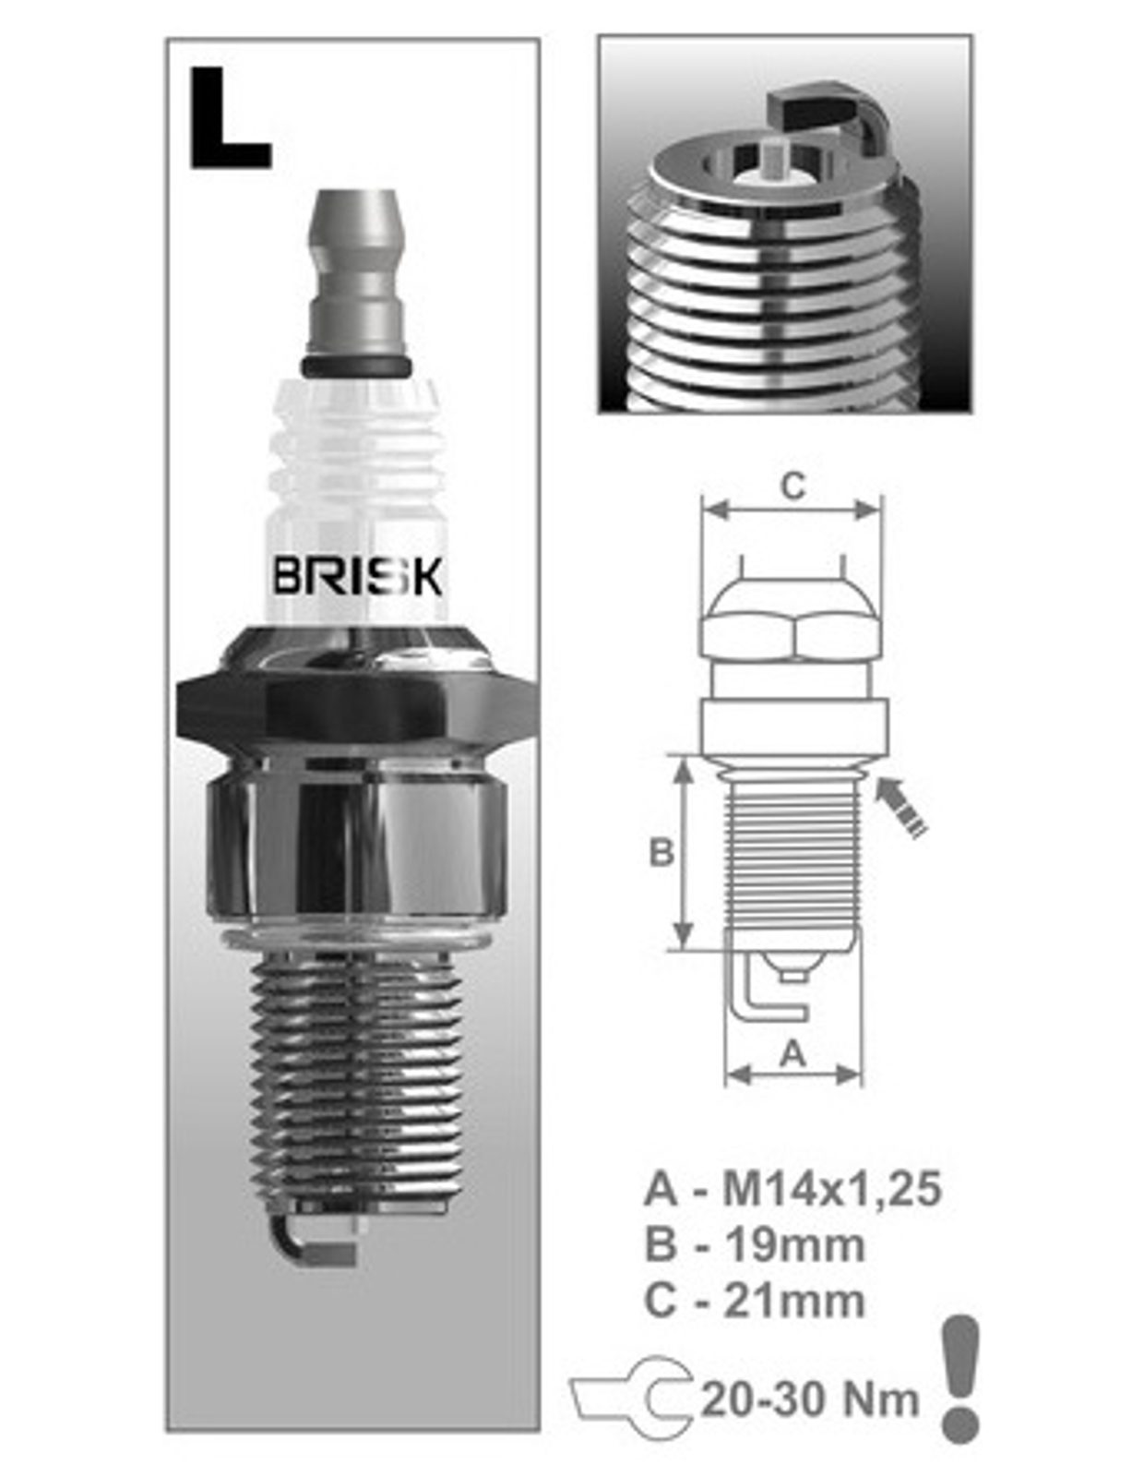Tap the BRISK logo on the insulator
357,576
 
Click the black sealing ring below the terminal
356,365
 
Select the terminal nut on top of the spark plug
357,272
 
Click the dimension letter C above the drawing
792,486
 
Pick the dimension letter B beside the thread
661,852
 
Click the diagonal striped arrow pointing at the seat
900,807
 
